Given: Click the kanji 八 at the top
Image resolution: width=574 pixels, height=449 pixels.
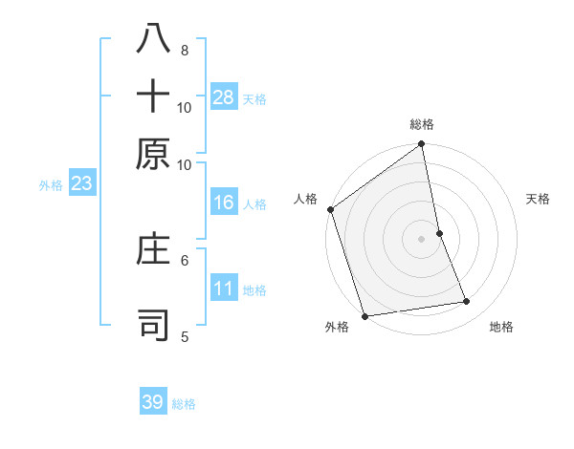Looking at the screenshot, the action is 153,38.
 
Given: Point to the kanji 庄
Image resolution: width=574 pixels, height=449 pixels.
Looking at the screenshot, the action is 153,250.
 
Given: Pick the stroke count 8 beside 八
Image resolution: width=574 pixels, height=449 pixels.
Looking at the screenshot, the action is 185,51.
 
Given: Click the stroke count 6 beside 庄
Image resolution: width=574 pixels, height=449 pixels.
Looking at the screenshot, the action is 185,259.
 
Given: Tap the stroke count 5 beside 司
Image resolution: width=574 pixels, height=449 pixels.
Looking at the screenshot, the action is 185,335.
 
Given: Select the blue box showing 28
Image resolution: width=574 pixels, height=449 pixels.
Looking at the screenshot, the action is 224,96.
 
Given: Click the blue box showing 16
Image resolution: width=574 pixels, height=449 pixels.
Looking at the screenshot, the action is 224,203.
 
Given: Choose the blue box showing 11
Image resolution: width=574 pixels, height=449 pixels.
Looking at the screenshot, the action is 224,289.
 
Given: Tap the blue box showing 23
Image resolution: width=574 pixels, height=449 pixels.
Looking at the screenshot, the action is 81,183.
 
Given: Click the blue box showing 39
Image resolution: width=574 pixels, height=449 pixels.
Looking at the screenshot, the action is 153,402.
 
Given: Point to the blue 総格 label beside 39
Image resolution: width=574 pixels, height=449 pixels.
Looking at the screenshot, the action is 185,404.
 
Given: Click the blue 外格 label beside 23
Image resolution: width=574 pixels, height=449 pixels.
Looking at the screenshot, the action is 51,185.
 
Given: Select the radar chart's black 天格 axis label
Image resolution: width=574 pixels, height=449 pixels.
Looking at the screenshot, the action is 539,199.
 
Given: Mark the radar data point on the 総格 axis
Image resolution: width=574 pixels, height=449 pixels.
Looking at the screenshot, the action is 422,145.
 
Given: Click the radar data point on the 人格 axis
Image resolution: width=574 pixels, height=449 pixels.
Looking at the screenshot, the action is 330,210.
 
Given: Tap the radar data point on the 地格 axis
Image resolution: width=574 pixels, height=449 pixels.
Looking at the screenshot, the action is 467,302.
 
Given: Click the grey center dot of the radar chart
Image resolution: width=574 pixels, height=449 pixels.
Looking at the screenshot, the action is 422,239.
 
